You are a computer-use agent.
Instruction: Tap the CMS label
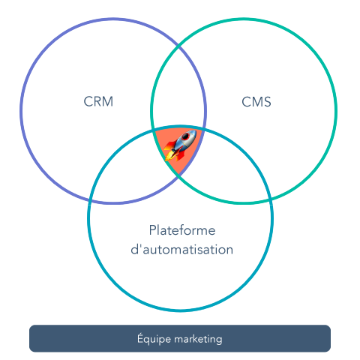257,102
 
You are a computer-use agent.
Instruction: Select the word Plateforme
181,229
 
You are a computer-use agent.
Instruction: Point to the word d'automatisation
181,249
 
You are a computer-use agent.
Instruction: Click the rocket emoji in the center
180,145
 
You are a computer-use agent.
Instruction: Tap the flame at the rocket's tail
169,156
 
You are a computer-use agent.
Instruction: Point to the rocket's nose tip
194,131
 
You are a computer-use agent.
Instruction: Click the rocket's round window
184,140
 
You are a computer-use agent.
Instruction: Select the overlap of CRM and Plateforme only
135,169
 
